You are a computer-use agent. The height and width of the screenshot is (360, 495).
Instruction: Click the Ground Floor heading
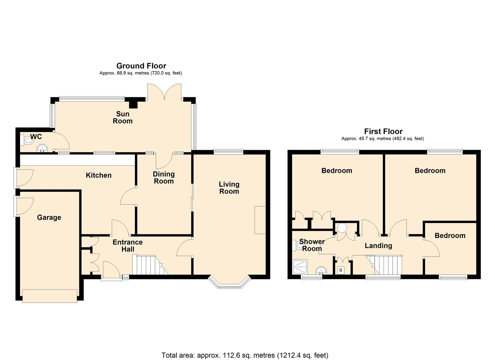pyautogui.click(x=141, y=66)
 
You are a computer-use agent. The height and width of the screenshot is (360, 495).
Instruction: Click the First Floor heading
pyautogui.click(x=383, y=131)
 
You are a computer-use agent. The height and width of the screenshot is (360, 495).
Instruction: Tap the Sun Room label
pyautogui.click(x=123, y=117)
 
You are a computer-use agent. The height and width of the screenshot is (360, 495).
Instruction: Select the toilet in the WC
pyautogui.click(x=27, y=140)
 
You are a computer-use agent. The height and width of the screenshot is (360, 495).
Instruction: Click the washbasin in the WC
pyautogui.click(x=42, y=148)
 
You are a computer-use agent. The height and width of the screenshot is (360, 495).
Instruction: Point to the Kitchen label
pyautogui.click(x=99, y=175)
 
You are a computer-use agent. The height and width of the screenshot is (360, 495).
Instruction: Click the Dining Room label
pyautogui.click(x=164, y=177)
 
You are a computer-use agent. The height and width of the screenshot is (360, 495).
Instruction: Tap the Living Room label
pyautogui.click(x=229, y=188)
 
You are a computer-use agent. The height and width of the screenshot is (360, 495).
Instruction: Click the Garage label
pyautogui.click(x=49, y=217)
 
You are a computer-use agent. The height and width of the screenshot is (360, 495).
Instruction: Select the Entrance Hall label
pyautogui.click(x=128, y=246)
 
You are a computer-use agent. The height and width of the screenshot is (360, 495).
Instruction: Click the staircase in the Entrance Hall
pyautogui.click(x=150, y=265)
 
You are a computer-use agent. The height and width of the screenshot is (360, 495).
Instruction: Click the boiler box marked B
pyautogui.click(x=341, y=270)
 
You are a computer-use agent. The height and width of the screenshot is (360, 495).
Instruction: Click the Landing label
pyautogui.click(x=378, y=246)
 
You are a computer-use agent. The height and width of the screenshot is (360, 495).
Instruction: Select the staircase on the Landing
pyautogui.click(x=384, y=265)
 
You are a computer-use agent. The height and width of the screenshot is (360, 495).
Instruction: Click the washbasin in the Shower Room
pyautogui.click(x=321, y=270)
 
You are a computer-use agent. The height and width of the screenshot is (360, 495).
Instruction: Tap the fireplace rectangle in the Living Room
pyautogui.click(x=260, y=220)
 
